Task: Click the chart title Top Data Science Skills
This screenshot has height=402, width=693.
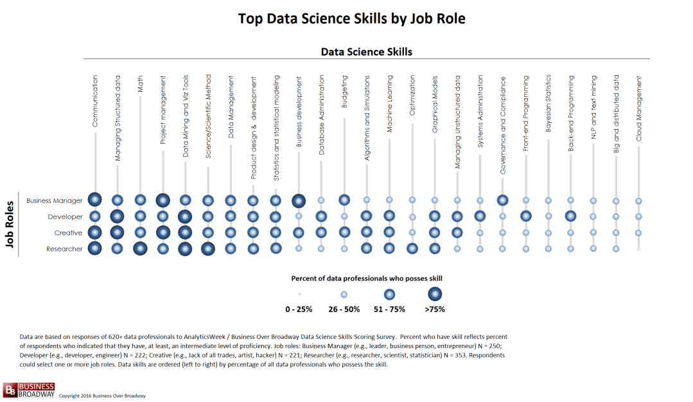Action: (351, 19)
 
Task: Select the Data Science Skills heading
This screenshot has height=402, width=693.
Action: (366, 51)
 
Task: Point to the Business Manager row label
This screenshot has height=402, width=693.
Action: (55, 200)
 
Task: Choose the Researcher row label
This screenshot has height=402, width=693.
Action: (64, 249)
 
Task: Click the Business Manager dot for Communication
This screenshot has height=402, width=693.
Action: (95, 200)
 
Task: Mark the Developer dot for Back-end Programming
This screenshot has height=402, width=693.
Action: (570, 216)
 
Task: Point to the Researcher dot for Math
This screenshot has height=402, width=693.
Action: (140, 249)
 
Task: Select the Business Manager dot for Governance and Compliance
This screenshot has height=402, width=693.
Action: (502, 200)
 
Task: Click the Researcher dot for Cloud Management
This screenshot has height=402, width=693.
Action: (638, 249)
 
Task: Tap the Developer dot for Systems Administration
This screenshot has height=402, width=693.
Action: (480, 216)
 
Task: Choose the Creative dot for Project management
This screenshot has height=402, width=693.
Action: (162, 232)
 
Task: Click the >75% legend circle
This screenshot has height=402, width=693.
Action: (435, 294)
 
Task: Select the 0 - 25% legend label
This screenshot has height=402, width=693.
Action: (299, 310)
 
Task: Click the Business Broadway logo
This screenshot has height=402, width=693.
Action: (29, 390)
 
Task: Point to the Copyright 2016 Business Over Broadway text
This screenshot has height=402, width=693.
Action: (102, 396)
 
